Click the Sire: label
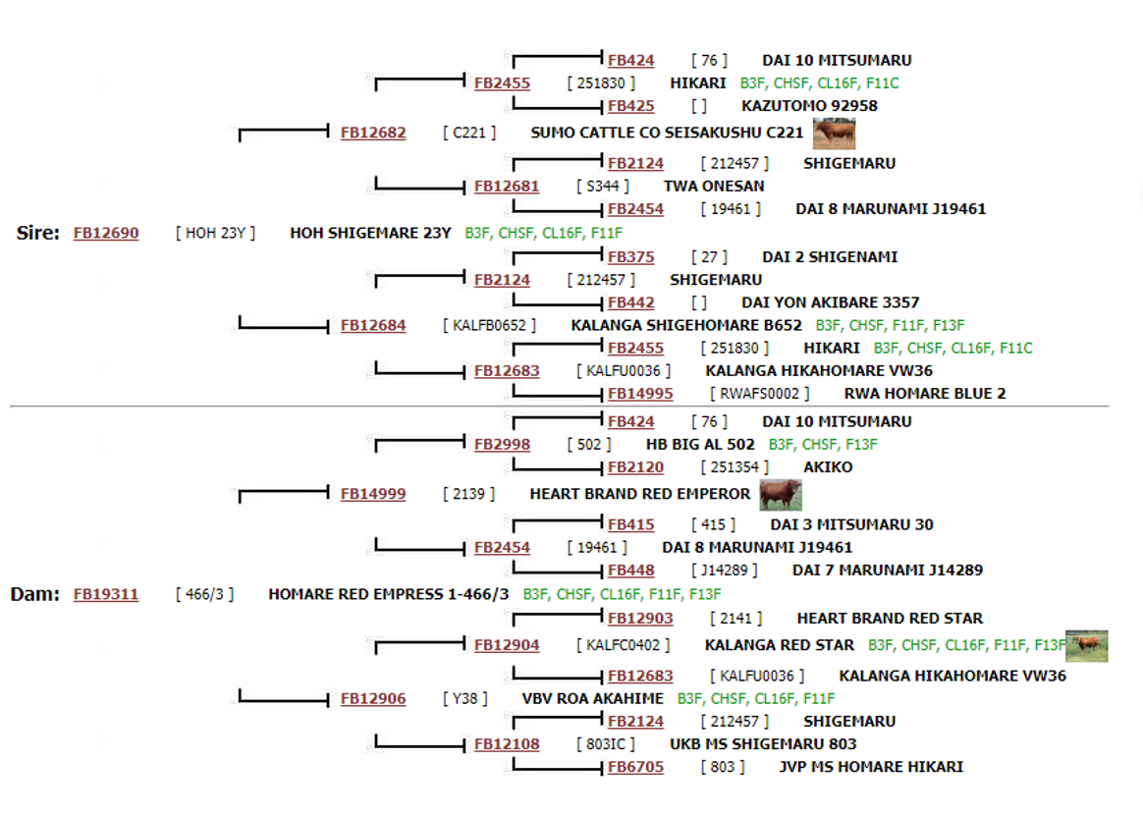pyautogui.click(x=38, y=234)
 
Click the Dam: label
pyautogui.click(x=35, y=594)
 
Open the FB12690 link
pyautogui.click(x=106, y=234)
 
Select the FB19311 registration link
pyautogui.click(x=106, y=594)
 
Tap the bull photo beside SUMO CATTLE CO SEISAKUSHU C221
pyautogui.click(x=834, y=134)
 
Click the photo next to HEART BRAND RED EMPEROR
pyautogui.click(x=781, y=495)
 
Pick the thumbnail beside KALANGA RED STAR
pyautogui.click(x=1086, y=646)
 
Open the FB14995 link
pyautogui.click(x=640, y=394)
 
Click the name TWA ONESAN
pyautogui.click(x=714, y=187)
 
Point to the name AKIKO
pyautogui.click(x=828, y=467)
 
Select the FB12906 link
pyautogui.click(x=372, y=699)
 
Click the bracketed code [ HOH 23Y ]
pyautogui.click(x=215, y=234)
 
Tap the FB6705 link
pyautogui.click(x=635, y=767)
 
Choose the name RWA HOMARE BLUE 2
pyautogui.click(x=924, y=394)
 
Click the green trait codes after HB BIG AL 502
pyautogui.click(x=822, y=445)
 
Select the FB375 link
pyautogui.click(x=630, y=257)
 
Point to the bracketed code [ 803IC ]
pyautogui.click(x=605, y=744)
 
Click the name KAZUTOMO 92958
pyautogui.click(x=809, y=106)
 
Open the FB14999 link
pyautogui.click(x=372, y=494)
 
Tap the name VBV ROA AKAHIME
pyautogui.click(x=593, y=699)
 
